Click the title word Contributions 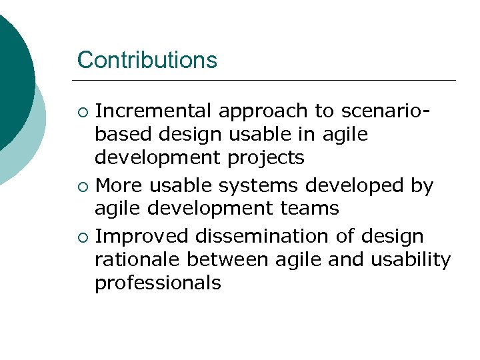[147, 60]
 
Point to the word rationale [136, 260]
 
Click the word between [217, 260]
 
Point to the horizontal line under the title [267, 81]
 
